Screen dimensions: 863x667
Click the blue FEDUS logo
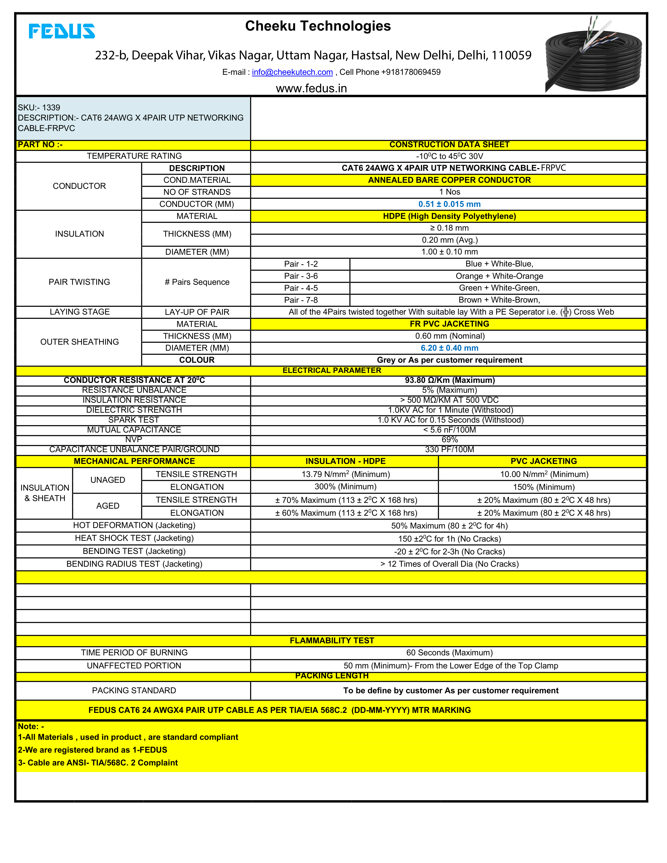[x=62, y=31]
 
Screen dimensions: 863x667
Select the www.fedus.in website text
[x=311, y=88]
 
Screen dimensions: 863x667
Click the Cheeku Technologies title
[x=318, y=26]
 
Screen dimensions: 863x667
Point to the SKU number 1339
[x=51, y=107]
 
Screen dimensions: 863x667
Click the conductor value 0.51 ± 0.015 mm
[x=449, y=204]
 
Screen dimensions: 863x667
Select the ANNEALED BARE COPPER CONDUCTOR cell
[x=449, y=180]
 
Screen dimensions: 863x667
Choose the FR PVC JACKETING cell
[x=449, y=324]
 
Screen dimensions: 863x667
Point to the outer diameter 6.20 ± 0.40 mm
[x=449, y=348]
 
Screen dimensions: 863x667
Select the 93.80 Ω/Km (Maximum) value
[x=449, y=381]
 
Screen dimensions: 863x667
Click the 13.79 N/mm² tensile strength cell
[x=345, y=474]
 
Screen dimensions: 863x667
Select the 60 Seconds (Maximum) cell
[x=449, y=653]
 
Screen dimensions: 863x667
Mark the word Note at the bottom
[x=28, y=726]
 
